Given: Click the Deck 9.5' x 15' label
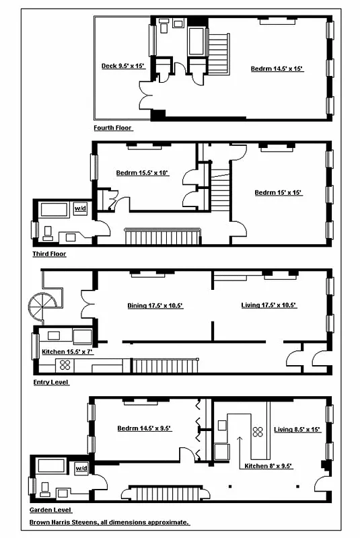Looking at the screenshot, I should tap(122, 66).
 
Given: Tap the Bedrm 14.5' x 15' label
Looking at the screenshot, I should tap(278, 69).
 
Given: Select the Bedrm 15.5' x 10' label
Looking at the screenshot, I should tap(142, 173).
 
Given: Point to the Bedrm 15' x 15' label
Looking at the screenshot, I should tap(278, 193).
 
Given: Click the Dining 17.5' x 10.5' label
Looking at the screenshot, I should tap(155, 305).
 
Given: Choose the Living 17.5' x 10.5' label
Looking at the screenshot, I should tap(268, 305).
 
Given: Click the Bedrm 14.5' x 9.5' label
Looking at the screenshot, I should tap(144, 428).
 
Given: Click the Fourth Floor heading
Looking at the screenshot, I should tap(113, 127).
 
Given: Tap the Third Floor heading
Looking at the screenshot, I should tap(49, 254).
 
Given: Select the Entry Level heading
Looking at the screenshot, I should tap(50, 382).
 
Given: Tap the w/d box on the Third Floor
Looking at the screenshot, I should tap(80, 208).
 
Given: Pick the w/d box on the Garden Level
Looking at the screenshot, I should tap(81, 467).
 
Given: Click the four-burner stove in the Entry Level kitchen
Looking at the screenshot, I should tap(65, 365).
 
